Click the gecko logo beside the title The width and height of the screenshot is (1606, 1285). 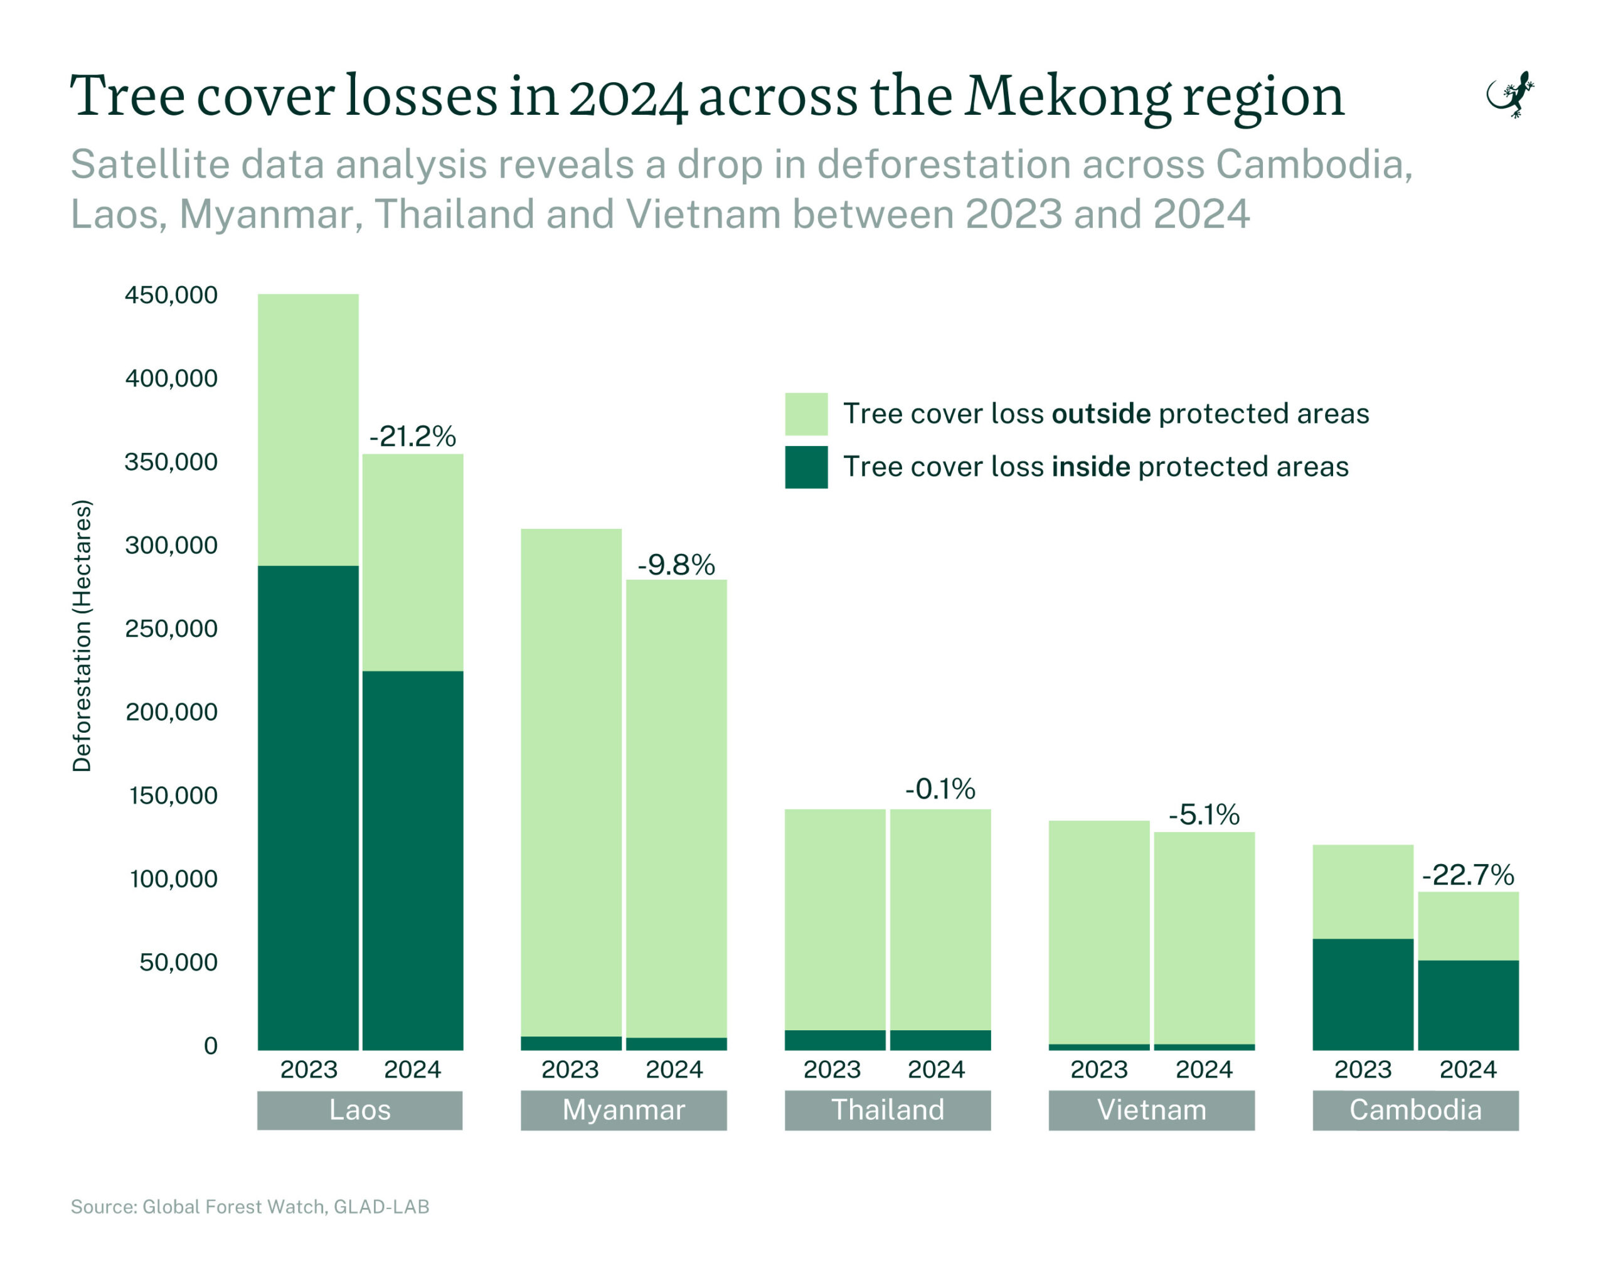click(x=1510, y=95)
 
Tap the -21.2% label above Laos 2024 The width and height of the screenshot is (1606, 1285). click(x=413, y=437)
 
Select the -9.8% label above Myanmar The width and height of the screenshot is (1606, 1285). click(x=676, y=565)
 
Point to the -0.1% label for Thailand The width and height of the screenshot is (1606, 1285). click(x=939, y=789)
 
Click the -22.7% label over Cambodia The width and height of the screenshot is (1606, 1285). click(x=1467, y=875)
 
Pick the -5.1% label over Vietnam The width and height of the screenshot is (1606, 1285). click(x=1204, y=814)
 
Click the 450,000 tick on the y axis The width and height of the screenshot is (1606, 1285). click(x=171, y=295)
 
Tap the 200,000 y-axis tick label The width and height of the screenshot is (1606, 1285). click(x=171, y=712)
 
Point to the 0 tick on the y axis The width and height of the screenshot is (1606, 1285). click(x=211, y=1046)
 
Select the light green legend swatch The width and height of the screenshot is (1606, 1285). click(x=806, y=414)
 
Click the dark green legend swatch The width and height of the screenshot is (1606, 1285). click(x=806, y=467)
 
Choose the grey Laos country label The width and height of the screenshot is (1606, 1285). click(x=360, y=1110)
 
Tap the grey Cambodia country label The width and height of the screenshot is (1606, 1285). click(x=1415, y=1110)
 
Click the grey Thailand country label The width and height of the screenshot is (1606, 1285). click(x=887, y=1110)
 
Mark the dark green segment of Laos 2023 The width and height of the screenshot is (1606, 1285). click(x=309, y=808)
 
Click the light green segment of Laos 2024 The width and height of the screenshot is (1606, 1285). click(x=413, y=562)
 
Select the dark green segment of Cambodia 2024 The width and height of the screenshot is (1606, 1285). click(x=1467, y=1005)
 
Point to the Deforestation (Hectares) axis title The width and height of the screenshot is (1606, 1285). click(x=82, y=636)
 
